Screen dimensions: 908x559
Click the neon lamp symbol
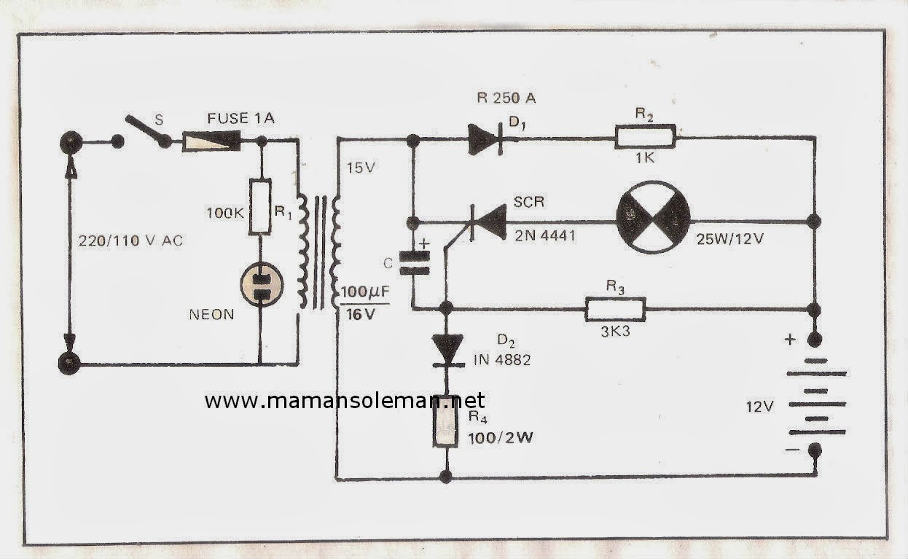(260, 284)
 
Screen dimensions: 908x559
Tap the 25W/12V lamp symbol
(651, 218)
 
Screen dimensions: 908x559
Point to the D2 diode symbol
(445, 347)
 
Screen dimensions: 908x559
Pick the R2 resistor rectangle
(646, 137)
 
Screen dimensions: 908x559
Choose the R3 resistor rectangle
(615, 309)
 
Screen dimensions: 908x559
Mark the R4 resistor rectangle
(445, 426)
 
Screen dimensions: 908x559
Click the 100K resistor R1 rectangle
(260, 206)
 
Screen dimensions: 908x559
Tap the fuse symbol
(211, 140)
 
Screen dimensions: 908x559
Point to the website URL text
(344, 400)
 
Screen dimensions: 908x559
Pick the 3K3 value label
(617, 330)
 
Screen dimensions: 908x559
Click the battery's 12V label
(758, 407)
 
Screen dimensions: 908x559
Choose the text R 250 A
(512, 99)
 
